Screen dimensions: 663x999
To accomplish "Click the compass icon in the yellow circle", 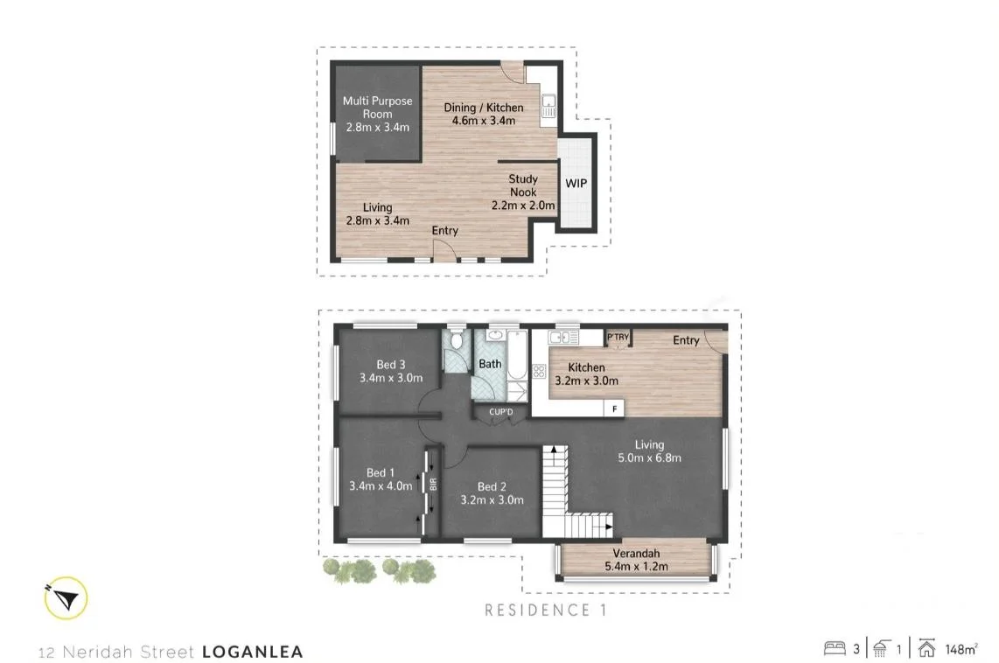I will pos(66,598).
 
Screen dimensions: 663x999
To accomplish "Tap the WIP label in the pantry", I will pos(576,184).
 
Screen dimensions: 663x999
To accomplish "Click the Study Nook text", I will pos(523,185).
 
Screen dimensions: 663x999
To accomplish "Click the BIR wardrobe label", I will pos(432,483).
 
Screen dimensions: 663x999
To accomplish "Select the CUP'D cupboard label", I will pos(500,411).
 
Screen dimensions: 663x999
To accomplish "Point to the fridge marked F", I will pos(615,408).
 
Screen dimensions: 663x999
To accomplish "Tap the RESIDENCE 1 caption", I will pos(545,610).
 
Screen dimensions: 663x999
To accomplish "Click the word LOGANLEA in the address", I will pos(252,652).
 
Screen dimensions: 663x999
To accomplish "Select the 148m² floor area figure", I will pos(961,649).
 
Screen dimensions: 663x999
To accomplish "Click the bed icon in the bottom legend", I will pos(834,648).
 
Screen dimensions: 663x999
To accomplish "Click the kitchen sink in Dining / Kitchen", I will pos(548,106).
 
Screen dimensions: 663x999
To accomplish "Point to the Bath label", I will pos(490,364).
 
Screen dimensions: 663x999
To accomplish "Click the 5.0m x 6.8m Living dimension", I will pos(649,457).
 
